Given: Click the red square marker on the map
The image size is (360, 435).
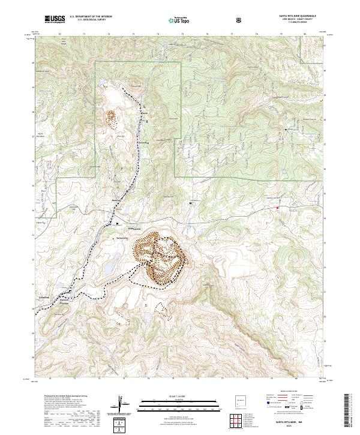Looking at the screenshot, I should [277, 208].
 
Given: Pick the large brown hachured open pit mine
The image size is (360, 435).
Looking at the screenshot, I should [161, 258].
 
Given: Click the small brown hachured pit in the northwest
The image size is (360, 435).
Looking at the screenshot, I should [111, 118].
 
